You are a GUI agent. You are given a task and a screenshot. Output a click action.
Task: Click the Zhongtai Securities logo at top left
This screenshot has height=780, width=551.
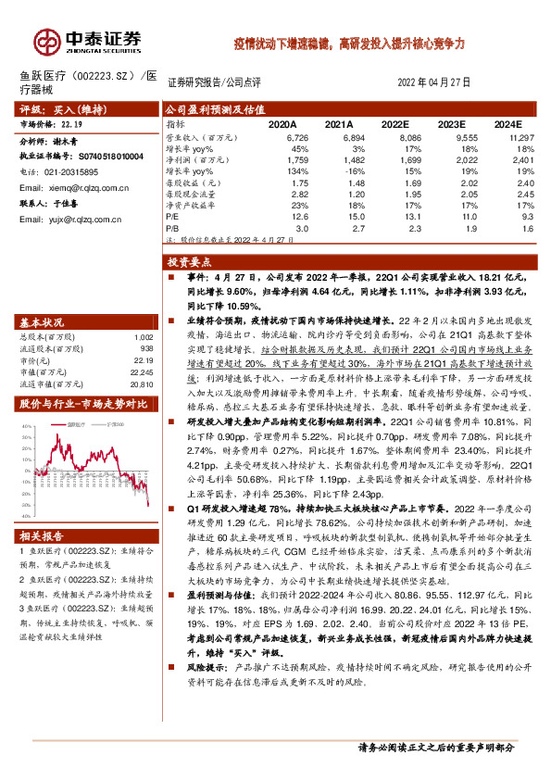tap(88, 40)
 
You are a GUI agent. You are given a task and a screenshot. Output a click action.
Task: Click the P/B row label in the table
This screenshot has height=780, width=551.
tap(172, 227)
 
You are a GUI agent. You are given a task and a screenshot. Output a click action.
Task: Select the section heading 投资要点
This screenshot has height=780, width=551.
tap(190, 263)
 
